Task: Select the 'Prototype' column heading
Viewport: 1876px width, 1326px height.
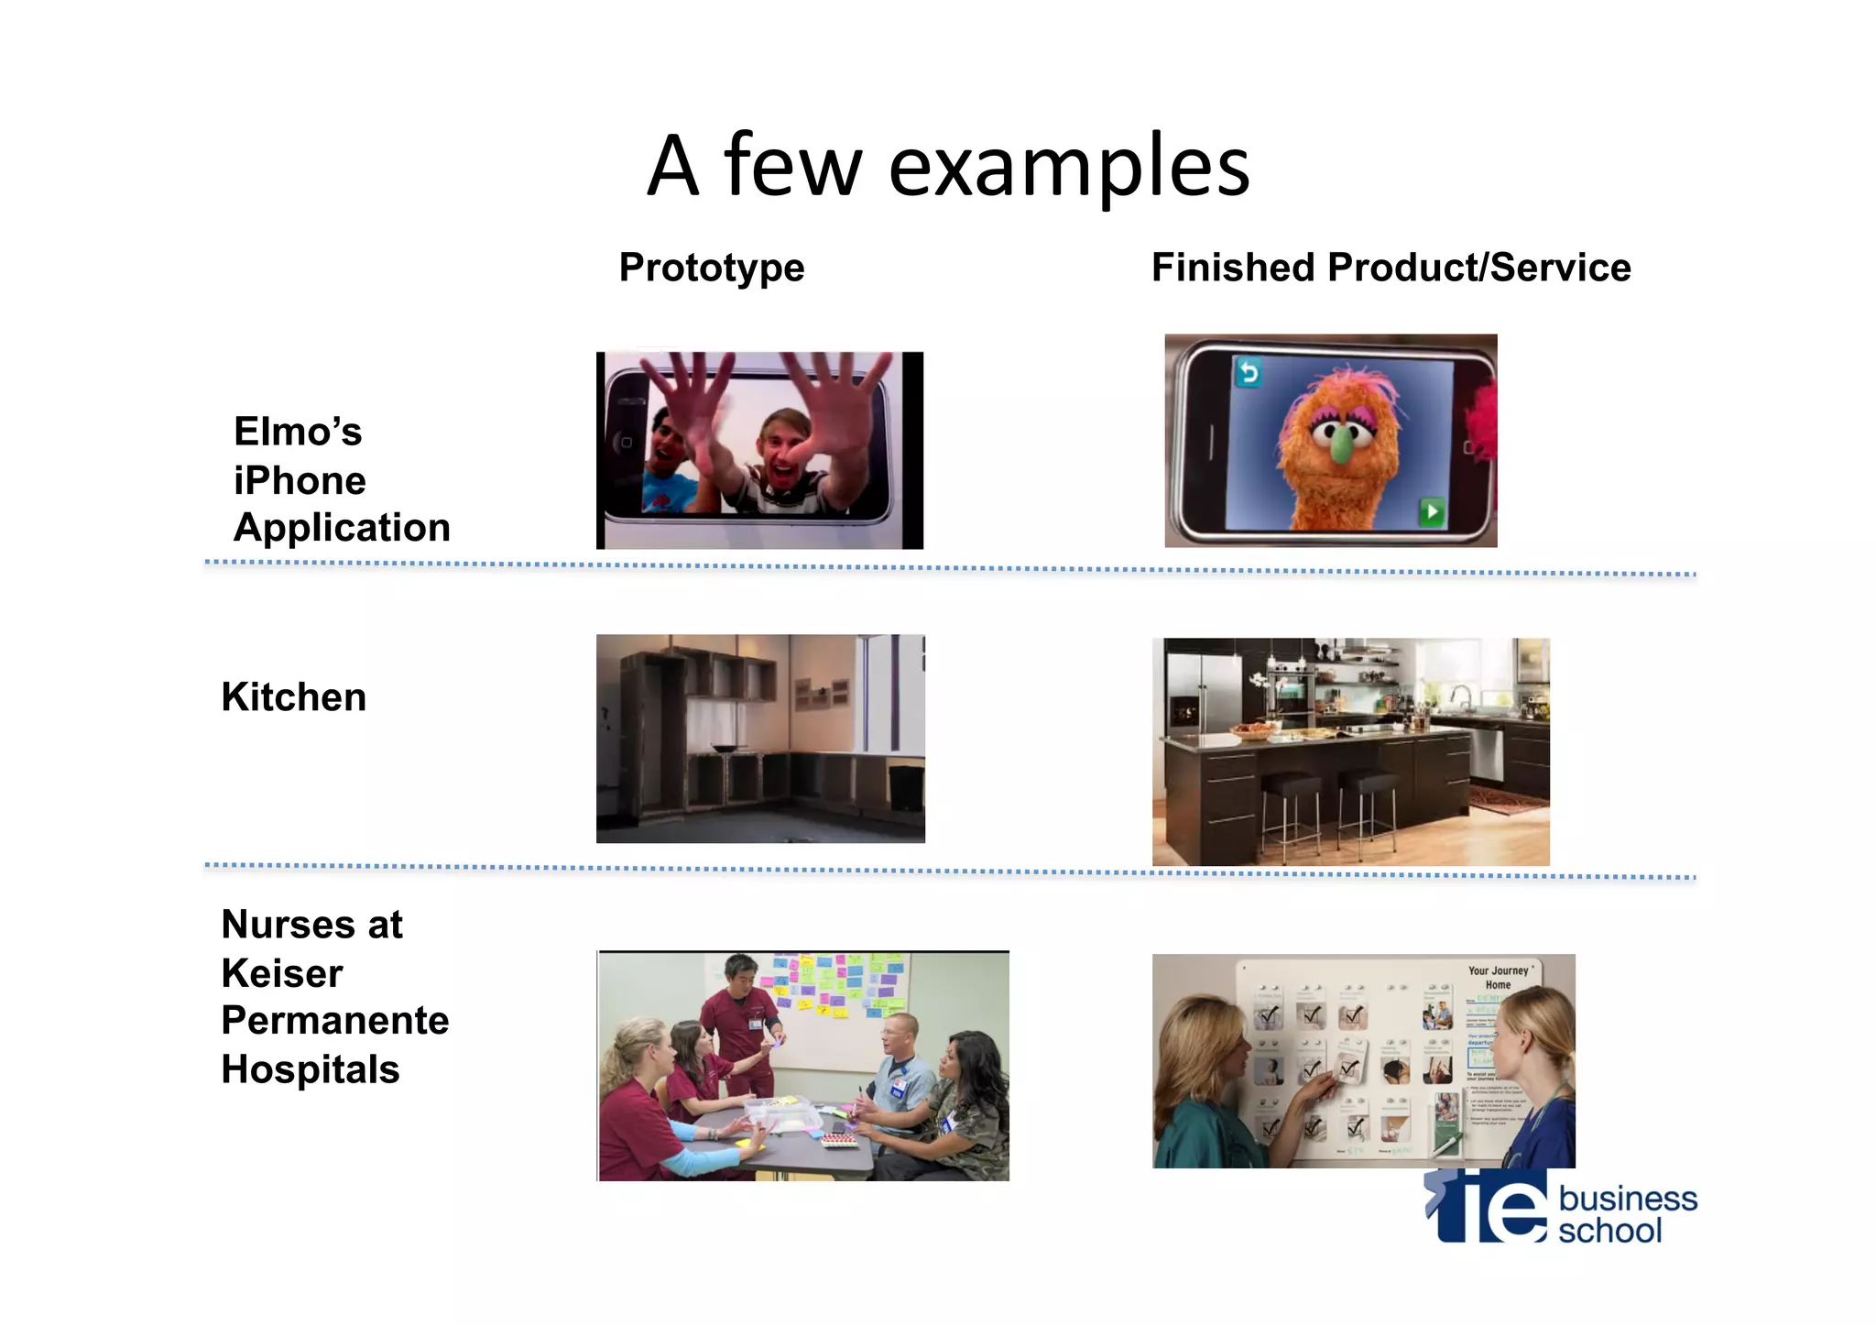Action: [712, 268]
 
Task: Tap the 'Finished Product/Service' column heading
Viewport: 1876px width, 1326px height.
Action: [1391, 268]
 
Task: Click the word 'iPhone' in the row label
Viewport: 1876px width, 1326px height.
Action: [300, 480]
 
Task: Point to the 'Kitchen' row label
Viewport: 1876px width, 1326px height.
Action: [294, 697]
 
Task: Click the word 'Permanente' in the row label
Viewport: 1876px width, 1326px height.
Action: [335, 1021]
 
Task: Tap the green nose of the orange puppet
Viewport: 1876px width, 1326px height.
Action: [1341, 444]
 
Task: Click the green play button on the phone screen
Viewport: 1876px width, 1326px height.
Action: [1431, 511]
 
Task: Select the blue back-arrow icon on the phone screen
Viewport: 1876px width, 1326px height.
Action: [1248, 372]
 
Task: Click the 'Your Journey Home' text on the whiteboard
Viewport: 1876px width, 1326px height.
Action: [1498, 977]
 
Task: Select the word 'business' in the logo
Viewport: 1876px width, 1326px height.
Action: [1628, 1199]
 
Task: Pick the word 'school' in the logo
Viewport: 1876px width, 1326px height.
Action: [1609, 1231]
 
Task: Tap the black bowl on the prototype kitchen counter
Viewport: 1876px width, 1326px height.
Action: [724, 749]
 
